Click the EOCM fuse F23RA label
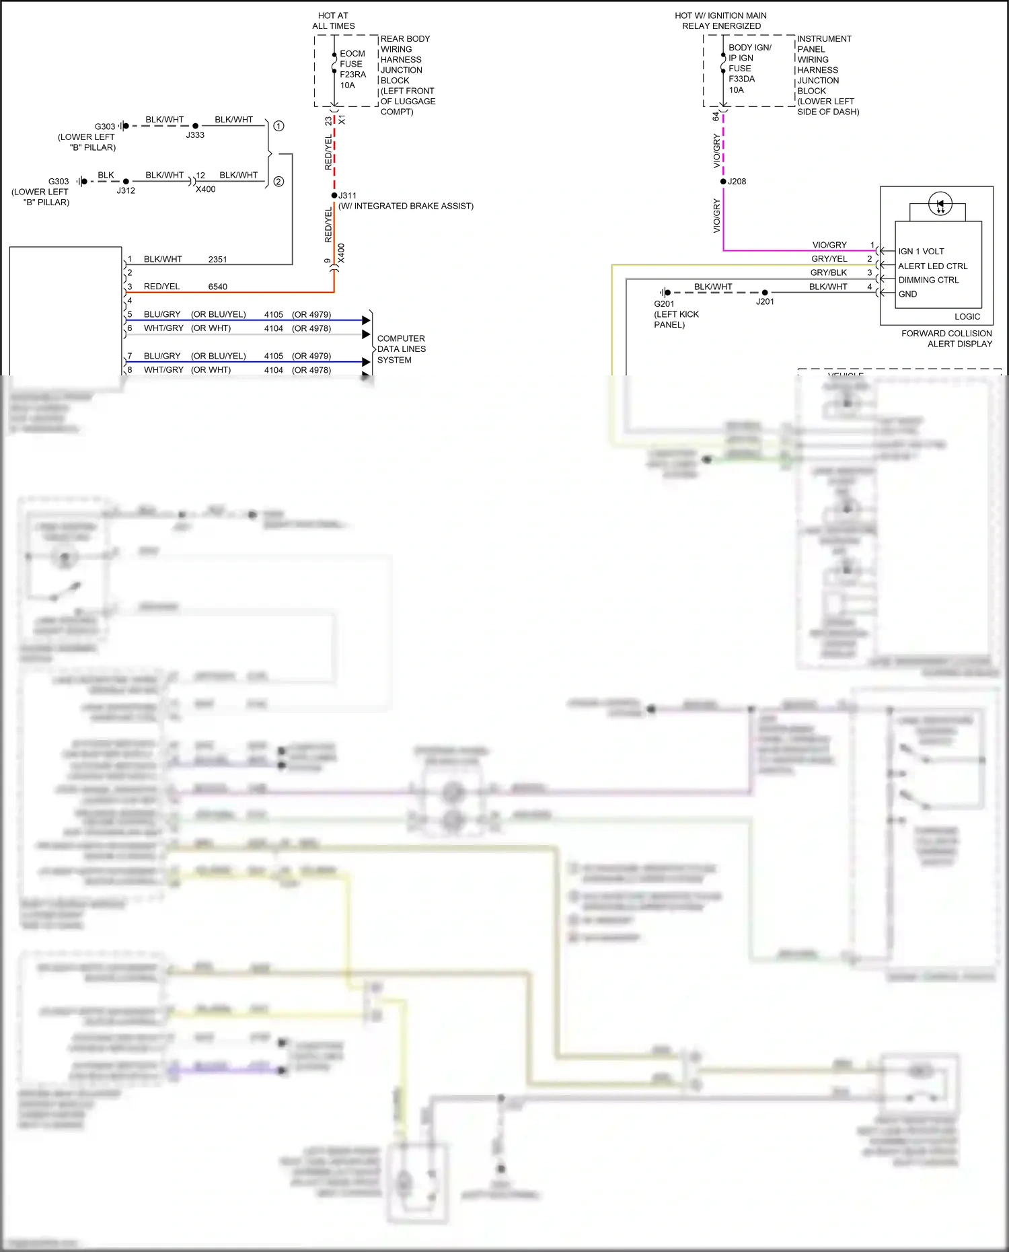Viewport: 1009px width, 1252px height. pyautogui.click(x=352, y=69)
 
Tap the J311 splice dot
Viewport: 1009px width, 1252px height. pyautogui.click(x=334, y=196)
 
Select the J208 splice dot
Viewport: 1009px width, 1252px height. pyautogui.click(x=723, y=182)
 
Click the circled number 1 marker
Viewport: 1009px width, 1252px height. pyautogui.click(x=278, y=126)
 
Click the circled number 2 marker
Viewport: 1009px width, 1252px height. pyautogui.click(x=278, y=182)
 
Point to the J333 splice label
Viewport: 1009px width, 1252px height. pyautogui.click(x=195, y=135)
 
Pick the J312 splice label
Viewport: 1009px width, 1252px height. pyautogui.click(x=126, y=190)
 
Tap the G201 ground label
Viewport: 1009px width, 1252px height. pyautogui.click(x=664, y=304)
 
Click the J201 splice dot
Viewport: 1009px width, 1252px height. pyautogui.click(x=765, y=293)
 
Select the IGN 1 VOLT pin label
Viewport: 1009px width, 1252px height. pyautogui.click(x=921, y=252)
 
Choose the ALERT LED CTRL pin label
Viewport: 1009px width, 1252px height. pyautogui.click(x=932, y=266)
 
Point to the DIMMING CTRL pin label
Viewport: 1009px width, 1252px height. pyautogui.click(x=928, y=281)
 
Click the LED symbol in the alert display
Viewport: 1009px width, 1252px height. pyautogui.click(x=940, y=204)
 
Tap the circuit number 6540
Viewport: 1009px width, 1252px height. pyautogui.click(x=217, y=287)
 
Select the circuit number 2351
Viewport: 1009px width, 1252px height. pyautogui.click(x=217, y=260)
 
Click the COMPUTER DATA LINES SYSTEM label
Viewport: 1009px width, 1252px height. pyautogui.click(x=401, y=349)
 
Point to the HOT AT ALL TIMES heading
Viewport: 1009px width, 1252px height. pyautogui.click(x=333, y=21)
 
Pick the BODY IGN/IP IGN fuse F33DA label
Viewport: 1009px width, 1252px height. pyautogui.click(x=749, y=69)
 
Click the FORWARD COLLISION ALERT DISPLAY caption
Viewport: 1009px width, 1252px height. pyautogui.click(x=946, y=338)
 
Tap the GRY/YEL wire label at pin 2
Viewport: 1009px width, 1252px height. pyautogui.click(x=829, y=259)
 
